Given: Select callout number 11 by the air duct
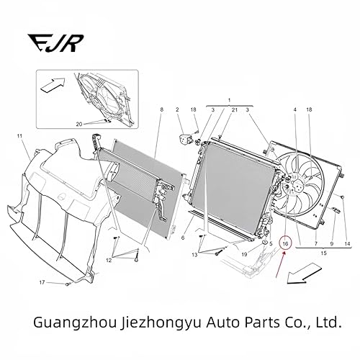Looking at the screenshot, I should pos(20,136).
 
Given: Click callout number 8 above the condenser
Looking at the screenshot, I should pos(162,109).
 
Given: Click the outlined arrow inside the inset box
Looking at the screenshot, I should pos(50,87).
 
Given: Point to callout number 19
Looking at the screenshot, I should pos(245,255).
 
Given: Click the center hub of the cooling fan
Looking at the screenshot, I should pos(294,186).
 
